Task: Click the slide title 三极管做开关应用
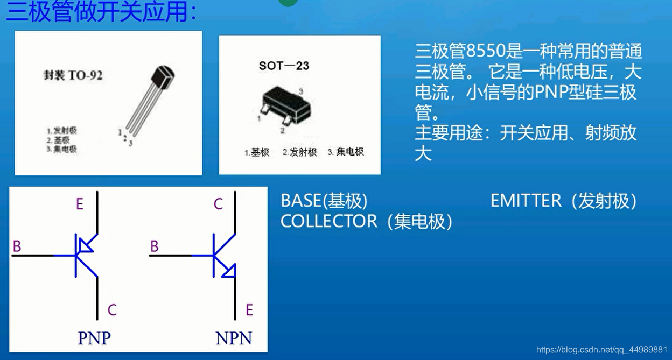[x=100, y=12]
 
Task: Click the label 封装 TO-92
[x=73, y=75]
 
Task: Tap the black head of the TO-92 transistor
[x=164, y=79]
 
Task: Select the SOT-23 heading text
[x=284, y=66]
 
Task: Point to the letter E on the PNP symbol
[x=80, y=204]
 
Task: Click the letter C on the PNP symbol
[x=112, y=310]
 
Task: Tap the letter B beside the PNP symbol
[x=17, y=246]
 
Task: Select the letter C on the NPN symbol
[x=218, y=204]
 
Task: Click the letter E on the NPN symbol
[x=249, y=310]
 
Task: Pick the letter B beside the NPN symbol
[x=155, y=246]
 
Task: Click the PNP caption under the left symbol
[x=94, y=338]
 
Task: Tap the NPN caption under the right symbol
[x=234, y=338]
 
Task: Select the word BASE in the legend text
[x=301, y=201]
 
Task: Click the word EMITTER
[x=526, y=201]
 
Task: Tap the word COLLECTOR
[x=329, y=221]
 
